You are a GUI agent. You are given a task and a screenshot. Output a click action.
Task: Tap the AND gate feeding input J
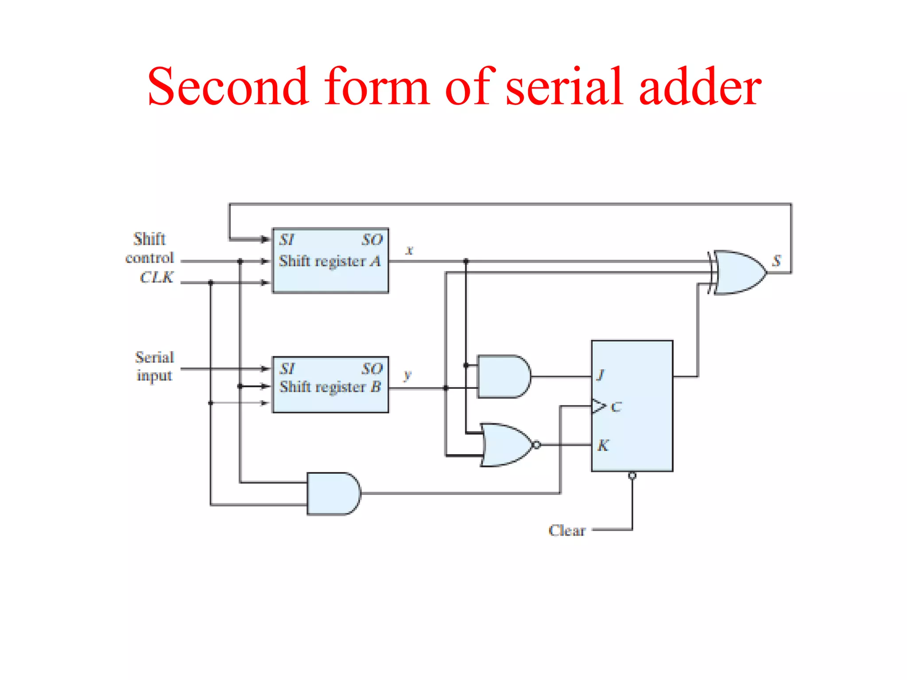pos(503,376)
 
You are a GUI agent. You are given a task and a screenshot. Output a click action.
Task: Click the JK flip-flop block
pos(632,406)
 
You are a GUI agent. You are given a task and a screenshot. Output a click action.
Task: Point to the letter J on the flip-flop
pos(600,375)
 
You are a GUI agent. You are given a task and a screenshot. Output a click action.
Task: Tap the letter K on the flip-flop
pos(603,445)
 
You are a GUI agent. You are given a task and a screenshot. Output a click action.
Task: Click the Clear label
pos(567,530)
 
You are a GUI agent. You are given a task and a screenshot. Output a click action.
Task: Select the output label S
pos(776,261)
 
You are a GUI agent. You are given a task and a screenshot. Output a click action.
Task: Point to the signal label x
pos(410,250)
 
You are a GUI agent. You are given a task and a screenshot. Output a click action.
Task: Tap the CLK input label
pos(156,277)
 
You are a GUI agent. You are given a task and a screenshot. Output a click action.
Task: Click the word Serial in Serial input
pos(155,357)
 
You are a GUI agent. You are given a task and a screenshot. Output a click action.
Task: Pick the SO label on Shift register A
pos(372,240)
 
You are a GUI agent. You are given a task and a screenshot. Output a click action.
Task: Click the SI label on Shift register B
pos(287,368)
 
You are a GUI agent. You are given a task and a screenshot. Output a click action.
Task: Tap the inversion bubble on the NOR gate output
pos(537,444)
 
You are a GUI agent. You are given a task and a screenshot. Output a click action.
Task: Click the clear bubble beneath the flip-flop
pos(632,476)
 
